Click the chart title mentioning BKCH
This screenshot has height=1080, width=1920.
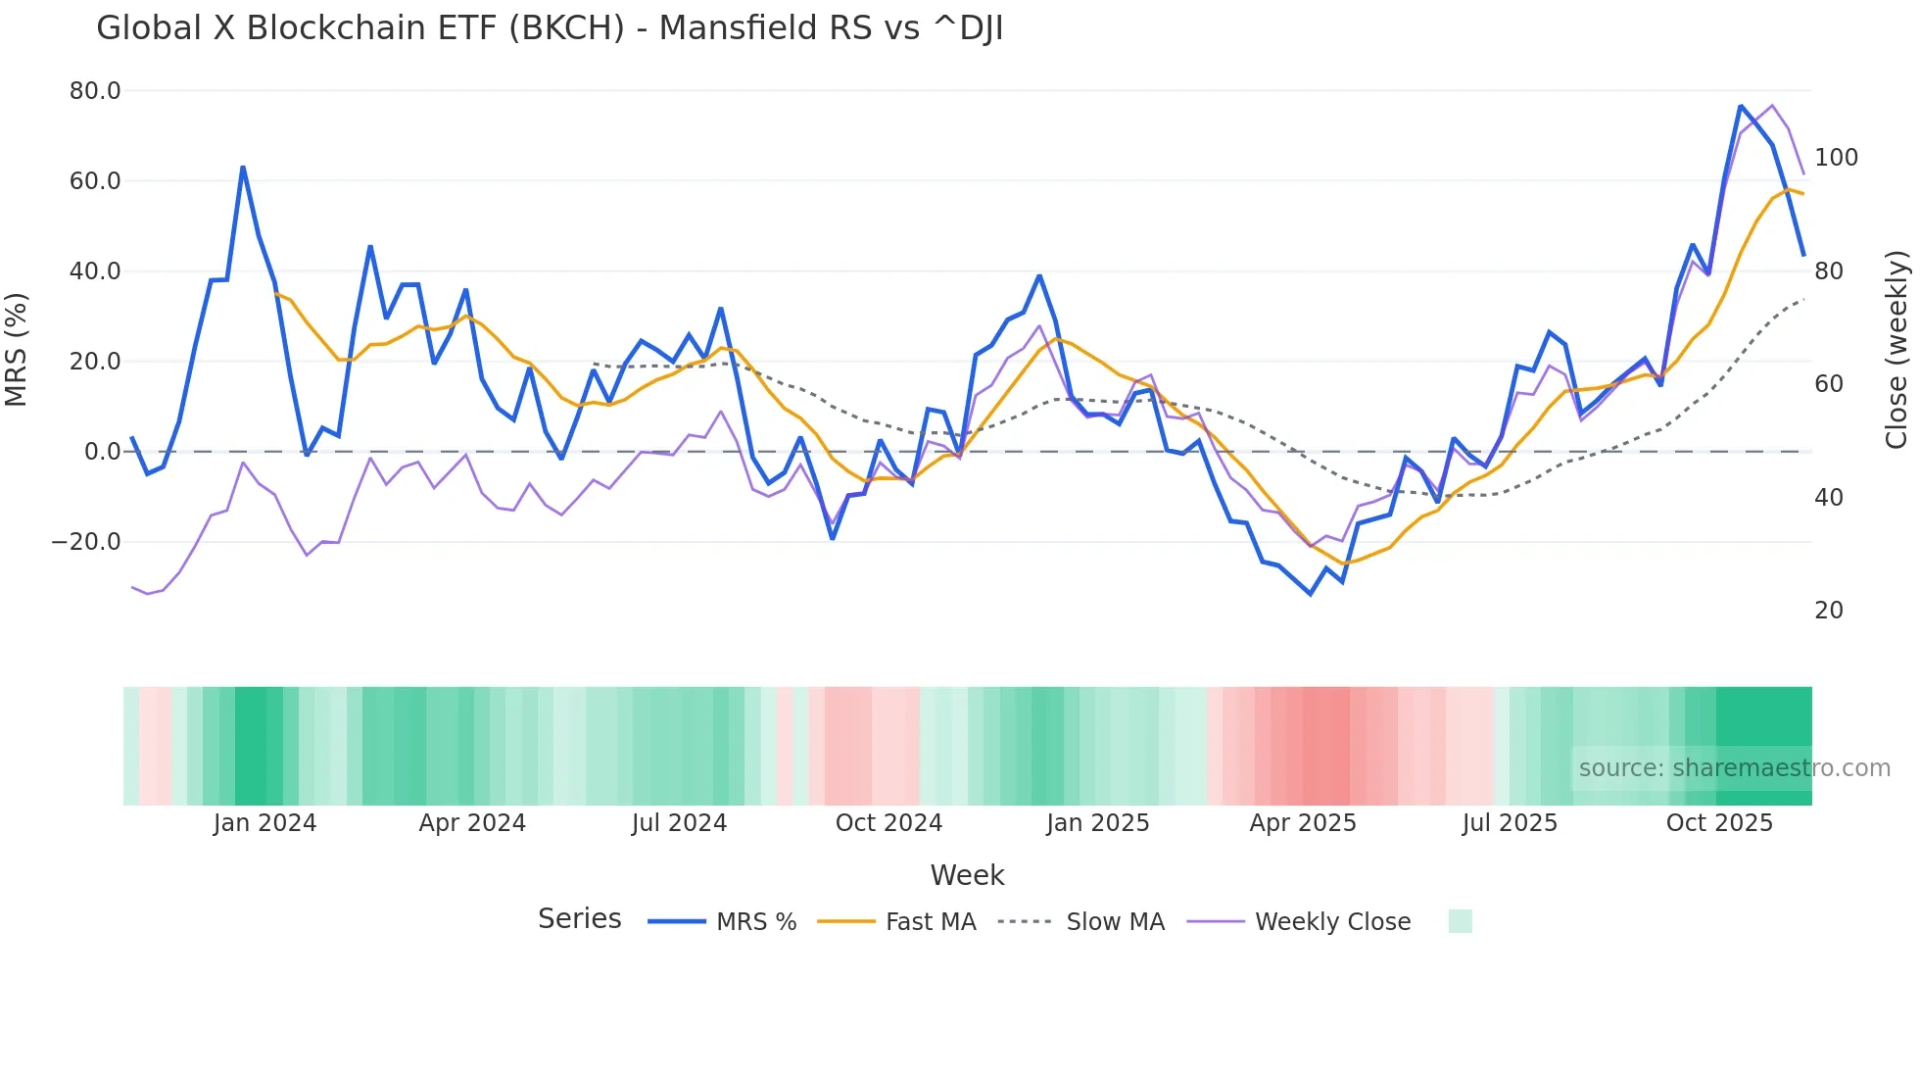550,28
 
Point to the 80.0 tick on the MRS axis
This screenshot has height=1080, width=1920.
95,91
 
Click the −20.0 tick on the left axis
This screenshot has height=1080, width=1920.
86,542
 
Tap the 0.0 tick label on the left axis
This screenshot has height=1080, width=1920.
103,452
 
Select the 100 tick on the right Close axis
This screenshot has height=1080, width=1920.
1836,158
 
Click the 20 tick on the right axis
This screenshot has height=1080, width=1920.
1829,611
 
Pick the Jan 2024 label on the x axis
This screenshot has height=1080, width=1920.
264,823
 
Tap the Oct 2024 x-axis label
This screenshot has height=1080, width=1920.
888,823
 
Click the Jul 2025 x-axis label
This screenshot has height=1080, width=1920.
1510,823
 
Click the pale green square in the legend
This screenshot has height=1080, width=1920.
1460,921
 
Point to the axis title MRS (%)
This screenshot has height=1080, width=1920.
17,350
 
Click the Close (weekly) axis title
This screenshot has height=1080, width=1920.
1896,350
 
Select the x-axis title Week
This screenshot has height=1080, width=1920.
967,875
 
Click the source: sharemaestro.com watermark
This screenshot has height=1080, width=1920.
1734,768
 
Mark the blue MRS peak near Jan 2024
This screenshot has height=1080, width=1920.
243,168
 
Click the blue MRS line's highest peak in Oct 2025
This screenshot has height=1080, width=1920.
1741,106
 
